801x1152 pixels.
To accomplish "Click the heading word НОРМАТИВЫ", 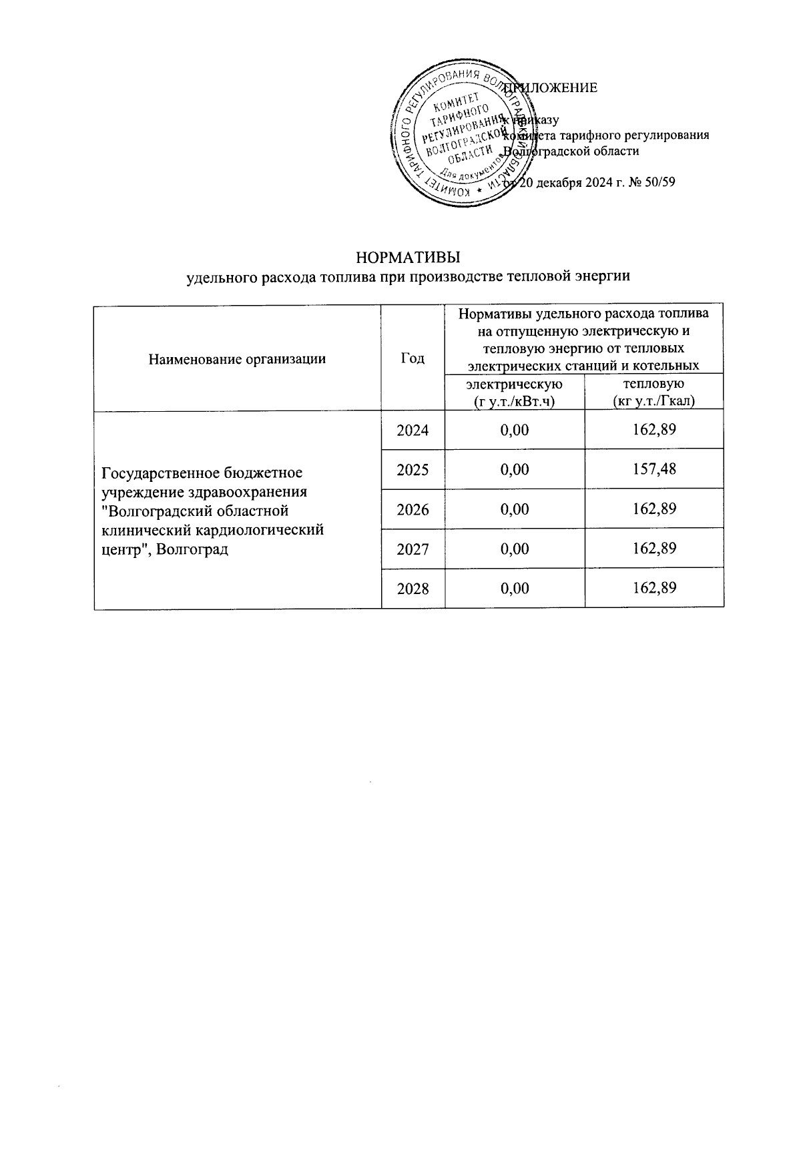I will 409,258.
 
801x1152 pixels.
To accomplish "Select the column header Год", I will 413,358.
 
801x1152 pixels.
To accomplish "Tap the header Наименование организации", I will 237,359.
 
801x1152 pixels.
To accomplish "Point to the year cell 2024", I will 413,430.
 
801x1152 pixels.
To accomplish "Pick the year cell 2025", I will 413,470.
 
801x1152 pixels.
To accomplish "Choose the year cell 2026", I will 413,509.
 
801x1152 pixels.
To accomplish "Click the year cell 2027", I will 413,549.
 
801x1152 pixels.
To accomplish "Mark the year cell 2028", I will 413,588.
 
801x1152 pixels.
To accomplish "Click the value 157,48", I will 654,469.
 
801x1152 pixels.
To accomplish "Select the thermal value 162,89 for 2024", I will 654,429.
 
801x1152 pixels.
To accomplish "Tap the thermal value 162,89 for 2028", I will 654,588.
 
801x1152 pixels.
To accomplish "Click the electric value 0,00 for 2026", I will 515,509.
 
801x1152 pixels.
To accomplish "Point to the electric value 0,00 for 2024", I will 515,430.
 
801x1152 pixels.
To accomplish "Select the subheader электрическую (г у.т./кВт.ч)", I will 515,392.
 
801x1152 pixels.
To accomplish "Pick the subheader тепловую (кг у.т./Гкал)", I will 654,392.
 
